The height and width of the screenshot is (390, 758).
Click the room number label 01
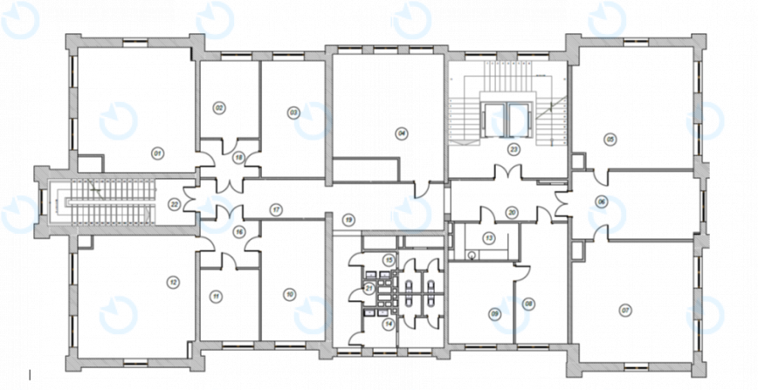click(158, 154)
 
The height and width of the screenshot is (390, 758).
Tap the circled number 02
click(219, 107)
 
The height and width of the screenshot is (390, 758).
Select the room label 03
click(293, 113)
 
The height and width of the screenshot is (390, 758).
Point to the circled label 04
click(402, 133)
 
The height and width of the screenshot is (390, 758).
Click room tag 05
click(610, 138)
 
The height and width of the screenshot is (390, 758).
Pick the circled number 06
click(601, 201)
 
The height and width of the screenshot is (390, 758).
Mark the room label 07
click(624, 310)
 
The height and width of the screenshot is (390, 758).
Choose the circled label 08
click(528, 303)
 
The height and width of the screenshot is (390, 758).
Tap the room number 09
click(494, 314)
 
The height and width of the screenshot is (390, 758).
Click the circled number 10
click(289, 294)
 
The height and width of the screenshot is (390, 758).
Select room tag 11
click(215, 297)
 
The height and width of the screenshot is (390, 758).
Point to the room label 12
click(173, 281)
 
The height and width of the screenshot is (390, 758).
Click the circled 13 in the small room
click(489, 237)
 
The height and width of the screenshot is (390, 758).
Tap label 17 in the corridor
click(277, 209)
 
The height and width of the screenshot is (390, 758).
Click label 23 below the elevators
click(514, 149)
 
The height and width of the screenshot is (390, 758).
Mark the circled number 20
click(513, 210)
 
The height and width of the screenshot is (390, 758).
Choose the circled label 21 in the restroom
click(369, 288)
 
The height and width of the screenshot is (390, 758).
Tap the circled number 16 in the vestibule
click(238, 231)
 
